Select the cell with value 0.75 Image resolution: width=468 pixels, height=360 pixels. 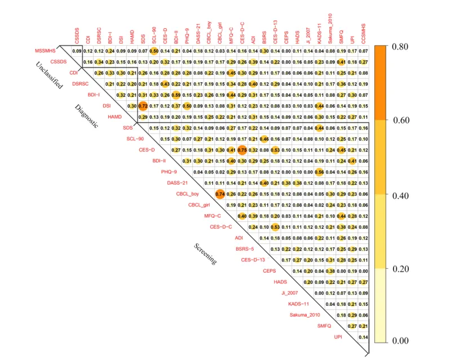242,150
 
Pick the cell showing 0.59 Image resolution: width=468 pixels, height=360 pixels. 176,95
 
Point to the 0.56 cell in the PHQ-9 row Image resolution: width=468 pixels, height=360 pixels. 319,172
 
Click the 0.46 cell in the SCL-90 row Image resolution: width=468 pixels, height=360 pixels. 264,139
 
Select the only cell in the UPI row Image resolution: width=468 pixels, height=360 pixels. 364,337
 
